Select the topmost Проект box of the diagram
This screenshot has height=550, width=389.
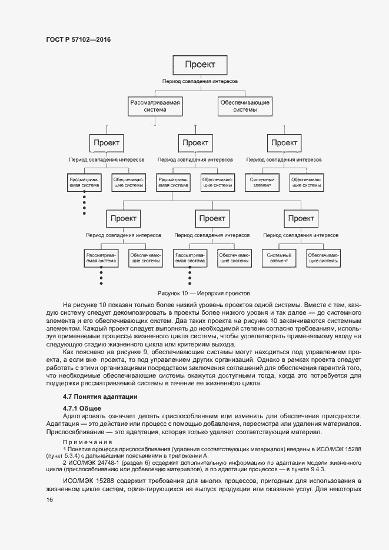click(x=200, y=64)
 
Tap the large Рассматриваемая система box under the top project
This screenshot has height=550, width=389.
click(x=155, y=106)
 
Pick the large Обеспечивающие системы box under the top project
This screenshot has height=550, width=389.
click(x=245, y=106)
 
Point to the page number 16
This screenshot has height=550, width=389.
click(x=49, y=499)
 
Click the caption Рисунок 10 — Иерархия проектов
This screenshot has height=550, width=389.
click(x=204, y=292)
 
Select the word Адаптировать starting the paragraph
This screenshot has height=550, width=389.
click(x=82, y=416)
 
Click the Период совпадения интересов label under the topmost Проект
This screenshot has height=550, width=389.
click(x=200, y=81)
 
